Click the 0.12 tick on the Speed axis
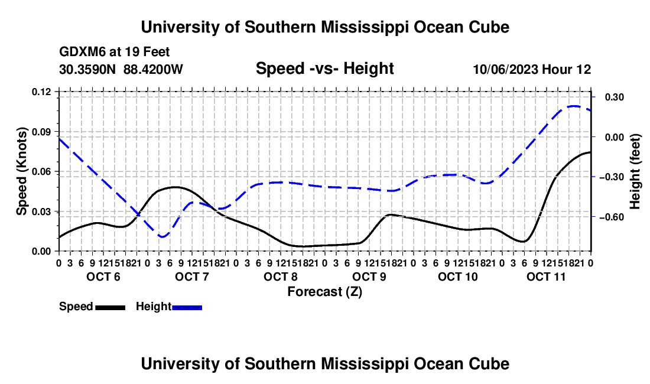(41, 92)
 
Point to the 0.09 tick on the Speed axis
(41, 132)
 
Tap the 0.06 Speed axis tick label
(41, 171)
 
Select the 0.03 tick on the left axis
(41, 211)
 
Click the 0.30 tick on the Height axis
(615, 97)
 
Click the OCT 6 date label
(103, 276)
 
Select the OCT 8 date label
(281, 276)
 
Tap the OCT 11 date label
(546, 276)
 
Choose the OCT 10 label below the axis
(457, 276)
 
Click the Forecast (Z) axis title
(324, 292)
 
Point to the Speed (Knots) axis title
(21, 171)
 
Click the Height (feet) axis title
(635, 171)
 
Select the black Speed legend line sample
(110, 308)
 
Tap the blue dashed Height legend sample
(187, 308)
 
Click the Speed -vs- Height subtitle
(324, 69)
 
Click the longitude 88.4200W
(153, 69)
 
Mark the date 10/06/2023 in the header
(505, 69)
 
